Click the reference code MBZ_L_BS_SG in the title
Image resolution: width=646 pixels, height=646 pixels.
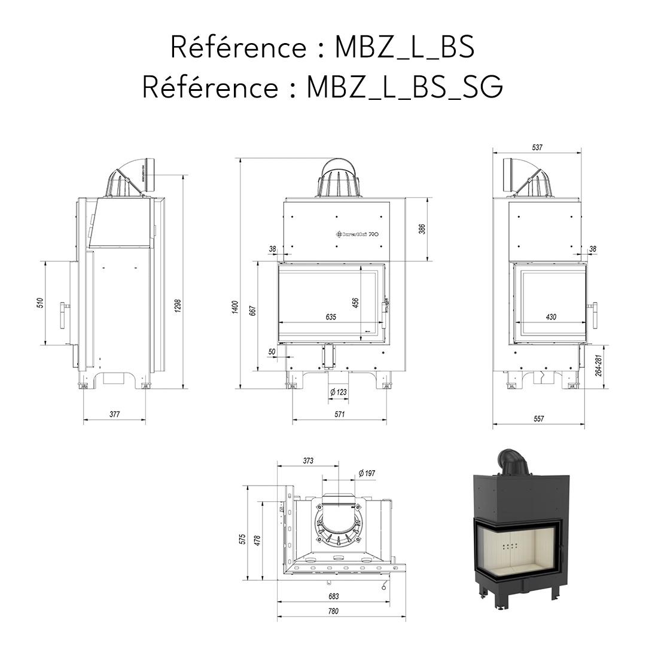tap(404, 87)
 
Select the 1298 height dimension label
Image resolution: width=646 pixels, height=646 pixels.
tap(178, 305)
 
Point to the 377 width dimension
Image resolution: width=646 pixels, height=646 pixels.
tap(114, 414)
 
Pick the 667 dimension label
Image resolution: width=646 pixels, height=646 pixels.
tap(253, 310)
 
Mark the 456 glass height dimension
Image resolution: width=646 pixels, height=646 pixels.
tap(355, 303)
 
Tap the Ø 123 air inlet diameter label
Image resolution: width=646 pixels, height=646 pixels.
tap(339, 392)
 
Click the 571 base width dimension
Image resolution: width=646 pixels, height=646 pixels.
tap(339, 414)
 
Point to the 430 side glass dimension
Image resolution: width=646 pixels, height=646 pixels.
tap(551, 316)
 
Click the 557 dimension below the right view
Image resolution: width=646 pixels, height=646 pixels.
tap(538, 419)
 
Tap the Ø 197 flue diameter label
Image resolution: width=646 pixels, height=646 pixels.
tap(367, 473)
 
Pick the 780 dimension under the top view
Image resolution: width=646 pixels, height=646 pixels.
tap(333, 611)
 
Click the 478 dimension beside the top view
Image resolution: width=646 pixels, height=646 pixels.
tap(258, 540)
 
